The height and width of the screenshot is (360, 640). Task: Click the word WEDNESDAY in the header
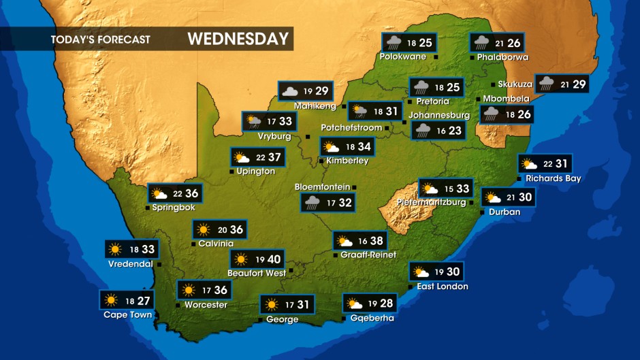coord(238,39)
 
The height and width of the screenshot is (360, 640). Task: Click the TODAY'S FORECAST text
coord(100,39)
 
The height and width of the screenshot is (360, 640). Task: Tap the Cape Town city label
coord(127,315)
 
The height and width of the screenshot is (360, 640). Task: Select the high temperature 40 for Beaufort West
coord(274,259)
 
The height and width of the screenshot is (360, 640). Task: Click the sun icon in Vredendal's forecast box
coord(114,249)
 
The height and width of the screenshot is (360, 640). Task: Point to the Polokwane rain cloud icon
coord(392,43)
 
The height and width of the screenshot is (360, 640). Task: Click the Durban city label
coord(505,212)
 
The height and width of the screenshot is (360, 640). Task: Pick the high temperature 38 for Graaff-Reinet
coord(376,241)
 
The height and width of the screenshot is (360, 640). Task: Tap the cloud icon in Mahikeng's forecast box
coord(289,91)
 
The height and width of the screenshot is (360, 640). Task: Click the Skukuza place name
coord(515,84)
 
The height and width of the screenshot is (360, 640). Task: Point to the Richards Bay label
coord(553,179)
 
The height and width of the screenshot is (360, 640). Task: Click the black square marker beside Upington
coord(231,171)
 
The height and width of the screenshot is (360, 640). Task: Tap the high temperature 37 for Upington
coord(274,158)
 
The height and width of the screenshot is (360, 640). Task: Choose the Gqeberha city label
coord(372,318)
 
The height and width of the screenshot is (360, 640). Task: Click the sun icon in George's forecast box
coord(271,304)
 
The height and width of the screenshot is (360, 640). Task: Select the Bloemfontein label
coord(322,186)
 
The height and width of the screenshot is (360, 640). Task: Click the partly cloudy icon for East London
coord(419,272)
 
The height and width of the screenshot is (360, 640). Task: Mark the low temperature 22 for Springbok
coord(177,193)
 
